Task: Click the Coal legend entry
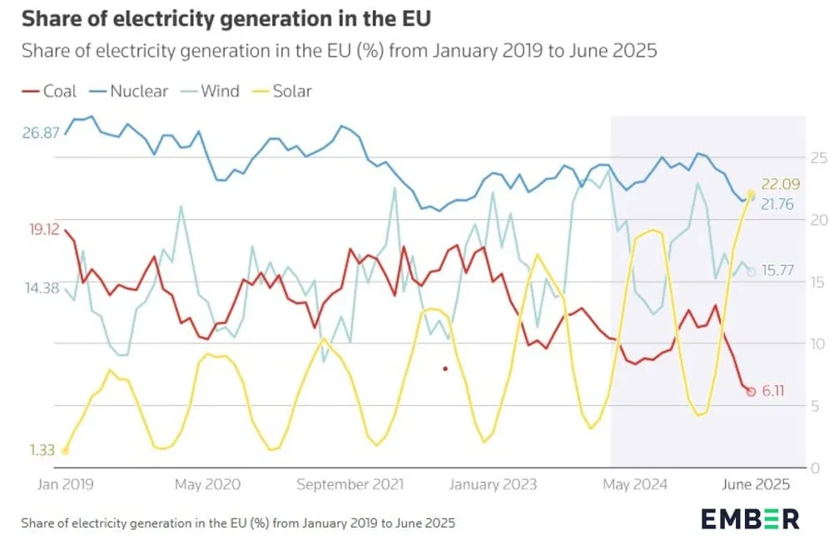pos(49,91)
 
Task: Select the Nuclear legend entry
pos(128,91)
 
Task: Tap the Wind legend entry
pos(210,91)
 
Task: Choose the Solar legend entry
pos(281,91)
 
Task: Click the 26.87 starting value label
pos(41,132)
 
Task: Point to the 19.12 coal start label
pos(44,230)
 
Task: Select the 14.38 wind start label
pos(42,288)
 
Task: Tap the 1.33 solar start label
pos(42,450)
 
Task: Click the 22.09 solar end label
pos(780,184)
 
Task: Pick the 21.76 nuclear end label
pos(777,204)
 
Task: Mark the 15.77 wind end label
pos(777,271)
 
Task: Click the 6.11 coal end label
pos(773,391)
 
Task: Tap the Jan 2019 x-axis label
pos(65,484)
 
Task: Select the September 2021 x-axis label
pos(350,484)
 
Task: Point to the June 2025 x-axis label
pos(755,484)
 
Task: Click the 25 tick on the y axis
pos(818,157)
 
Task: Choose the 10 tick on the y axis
pos(818,343)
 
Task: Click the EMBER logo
pos(750,519)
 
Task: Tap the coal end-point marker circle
pos(751,392)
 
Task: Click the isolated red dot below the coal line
pos(445,368)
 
